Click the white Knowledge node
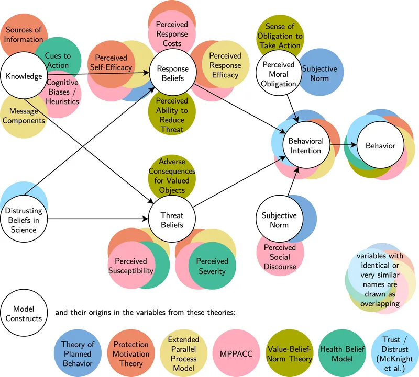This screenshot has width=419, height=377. click(24, 76)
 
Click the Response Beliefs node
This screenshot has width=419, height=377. click(172, 73)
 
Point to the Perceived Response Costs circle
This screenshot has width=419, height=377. click(172, 30)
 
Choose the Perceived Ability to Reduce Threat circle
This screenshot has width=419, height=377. click(172, 115)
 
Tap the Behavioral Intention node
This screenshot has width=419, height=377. click(306, 146)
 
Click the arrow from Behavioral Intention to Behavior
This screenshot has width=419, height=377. click(343, 146)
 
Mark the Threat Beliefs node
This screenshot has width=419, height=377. click(172, 220)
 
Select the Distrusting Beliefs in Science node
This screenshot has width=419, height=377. click(24, 220)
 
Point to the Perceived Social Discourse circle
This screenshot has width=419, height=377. click(280, 256)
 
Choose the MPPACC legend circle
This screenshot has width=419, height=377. click(236, 354)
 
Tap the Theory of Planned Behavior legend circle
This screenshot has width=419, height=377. click(78, 354)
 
